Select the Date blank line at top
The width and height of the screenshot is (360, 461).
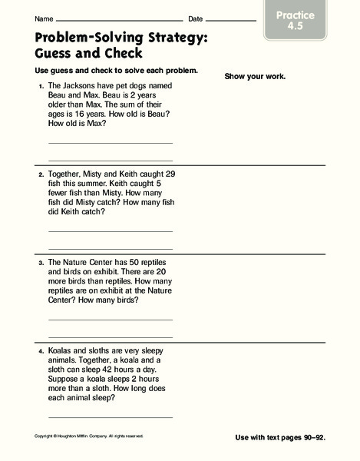pos(230,19)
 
